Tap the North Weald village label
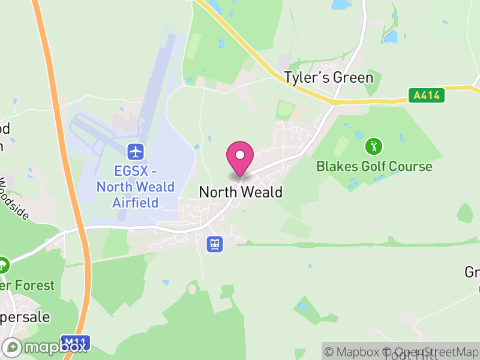click(240, 192)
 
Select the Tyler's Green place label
click(328, 78)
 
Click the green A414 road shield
click(427, 95)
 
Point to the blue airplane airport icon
click(136, 150)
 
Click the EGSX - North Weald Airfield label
click(136, 187)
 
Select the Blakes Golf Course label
click(374, 166)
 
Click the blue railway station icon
click(214, 244)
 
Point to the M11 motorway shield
click(76, 341)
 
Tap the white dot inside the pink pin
click(240, 155)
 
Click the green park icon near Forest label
click(3, 264)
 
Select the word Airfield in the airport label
click(136, 202)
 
